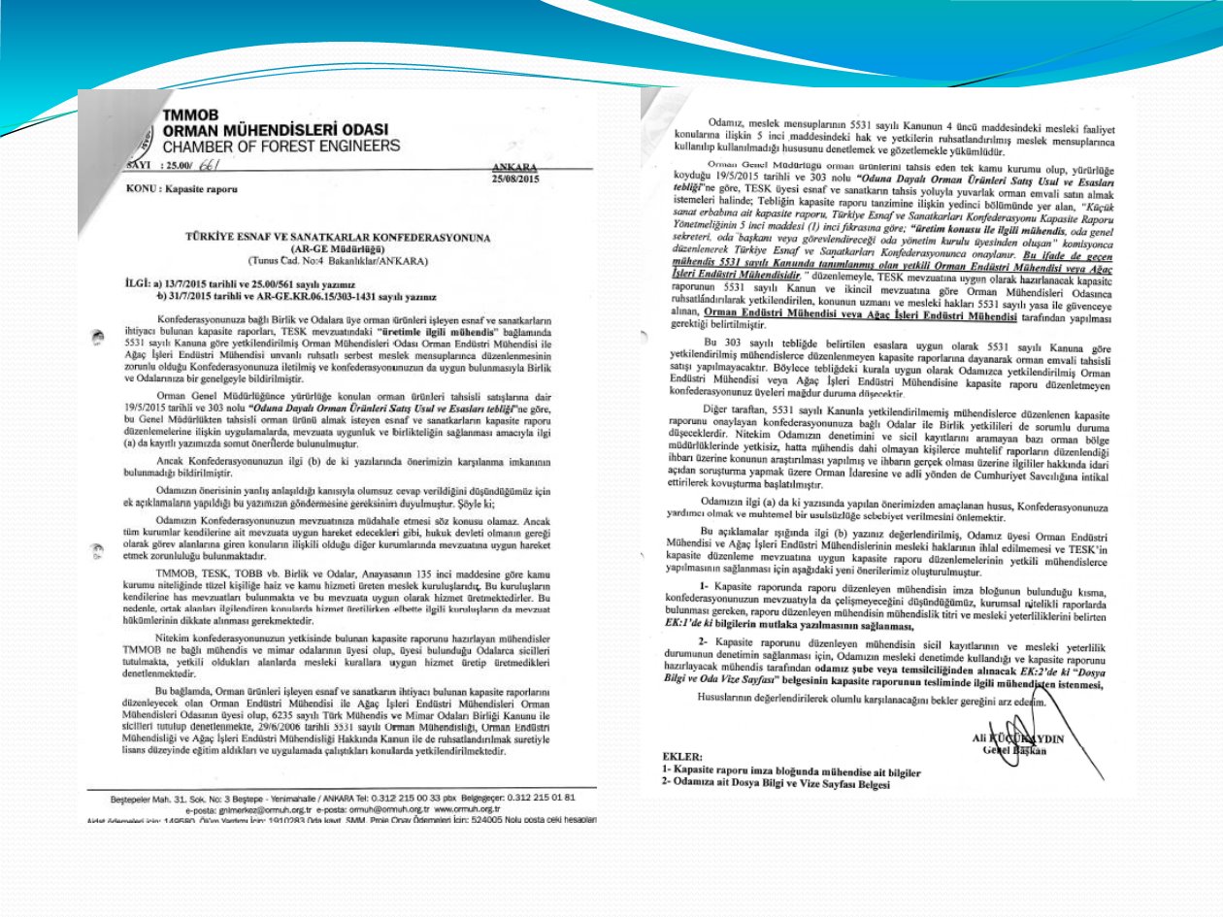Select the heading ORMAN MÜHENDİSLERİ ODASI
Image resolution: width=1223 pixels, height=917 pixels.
[275, 130]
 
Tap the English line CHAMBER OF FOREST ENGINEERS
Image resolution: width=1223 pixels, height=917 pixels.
[281, 147]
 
